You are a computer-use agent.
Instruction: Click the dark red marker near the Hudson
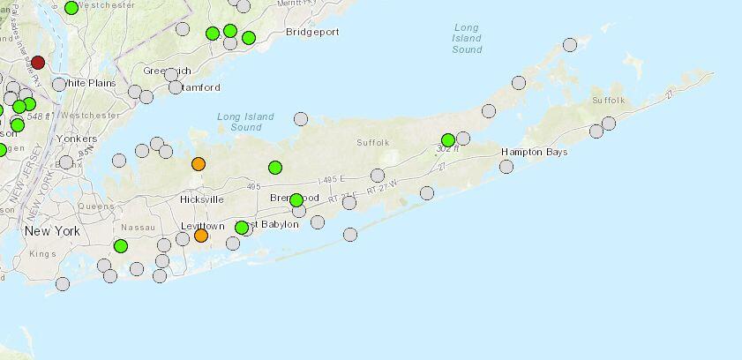pyautogui.click(x=38, y=63)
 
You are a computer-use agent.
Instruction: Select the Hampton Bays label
pyautogui.click(x=535, y=152)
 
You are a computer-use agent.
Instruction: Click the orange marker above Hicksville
pyautogui.click(x=199, y=163)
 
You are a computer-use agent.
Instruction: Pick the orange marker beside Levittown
pyautogui.click(x=201, y=235)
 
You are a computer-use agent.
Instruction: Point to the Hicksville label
pyautogui.click(x=201, y=199)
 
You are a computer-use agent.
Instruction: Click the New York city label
pyautogui.click(x=52, y=231)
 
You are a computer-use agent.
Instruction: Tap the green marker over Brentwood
pyautogui.click(x=296, y=199)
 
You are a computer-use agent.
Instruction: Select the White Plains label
pyautogui.click(x=91, y=83)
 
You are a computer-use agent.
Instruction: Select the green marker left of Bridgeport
pyautogui.click(x=249, y=37)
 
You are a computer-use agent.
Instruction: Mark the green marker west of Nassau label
pyautogui.click(x=121, y=245)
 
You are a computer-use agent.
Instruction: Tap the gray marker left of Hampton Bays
pyautogui.click(x=506, y=166)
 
